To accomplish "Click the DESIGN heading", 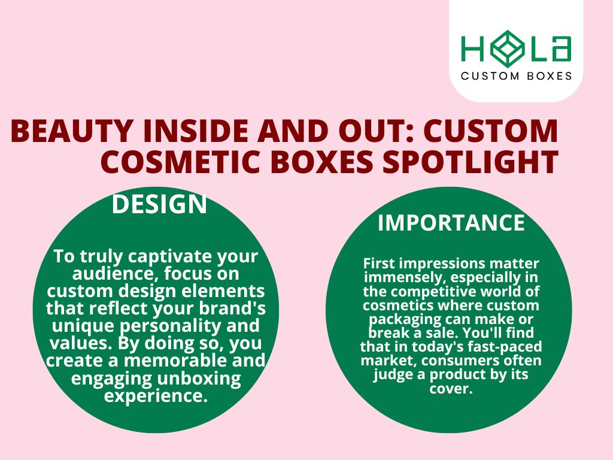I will tap(159, 205).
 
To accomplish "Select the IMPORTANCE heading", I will tap(451, 223).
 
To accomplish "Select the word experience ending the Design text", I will tap(156, 396).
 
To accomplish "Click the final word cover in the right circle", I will tap(450, 389).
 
